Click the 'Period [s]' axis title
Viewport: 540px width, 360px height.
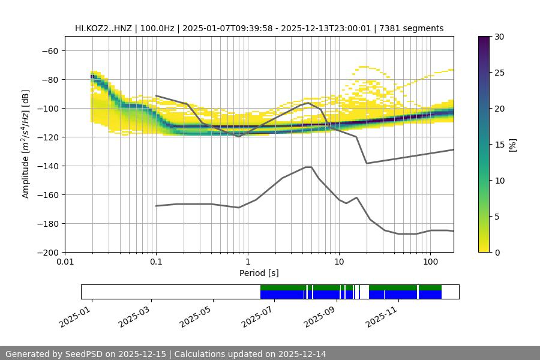(259, 273)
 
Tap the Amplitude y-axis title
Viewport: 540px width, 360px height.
(26, 145)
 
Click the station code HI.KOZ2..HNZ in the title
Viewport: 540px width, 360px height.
(104, 28)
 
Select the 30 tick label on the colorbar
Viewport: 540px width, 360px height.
(499, 37)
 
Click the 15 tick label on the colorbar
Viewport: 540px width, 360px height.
(499, 145)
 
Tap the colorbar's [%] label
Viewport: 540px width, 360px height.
(512, 145)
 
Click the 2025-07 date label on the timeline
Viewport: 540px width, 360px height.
(256, 314)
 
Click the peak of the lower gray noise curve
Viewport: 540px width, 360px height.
(308, 167)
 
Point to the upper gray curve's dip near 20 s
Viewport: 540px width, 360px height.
(367, 163)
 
